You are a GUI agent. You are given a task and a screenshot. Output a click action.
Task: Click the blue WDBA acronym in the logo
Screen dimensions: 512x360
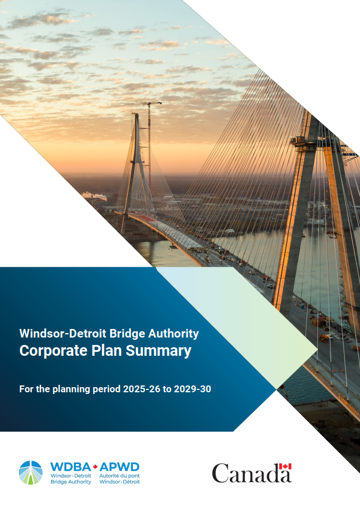(x=67, y=466)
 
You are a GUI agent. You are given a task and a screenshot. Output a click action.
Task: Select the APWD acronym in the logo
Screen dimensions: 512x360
(x=120, y=466)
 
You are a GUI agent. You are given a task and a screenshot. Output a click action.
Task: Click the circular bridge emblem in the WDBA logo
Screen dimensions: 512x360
(x=31, y=473)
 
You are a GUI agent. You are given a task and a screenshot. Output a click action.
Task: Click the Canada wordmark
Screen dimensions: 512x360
(x=252, y=473)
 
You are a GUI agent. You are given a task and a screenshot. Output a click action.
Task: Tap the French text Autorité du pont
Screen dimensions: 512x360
(x=119, y=475)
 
